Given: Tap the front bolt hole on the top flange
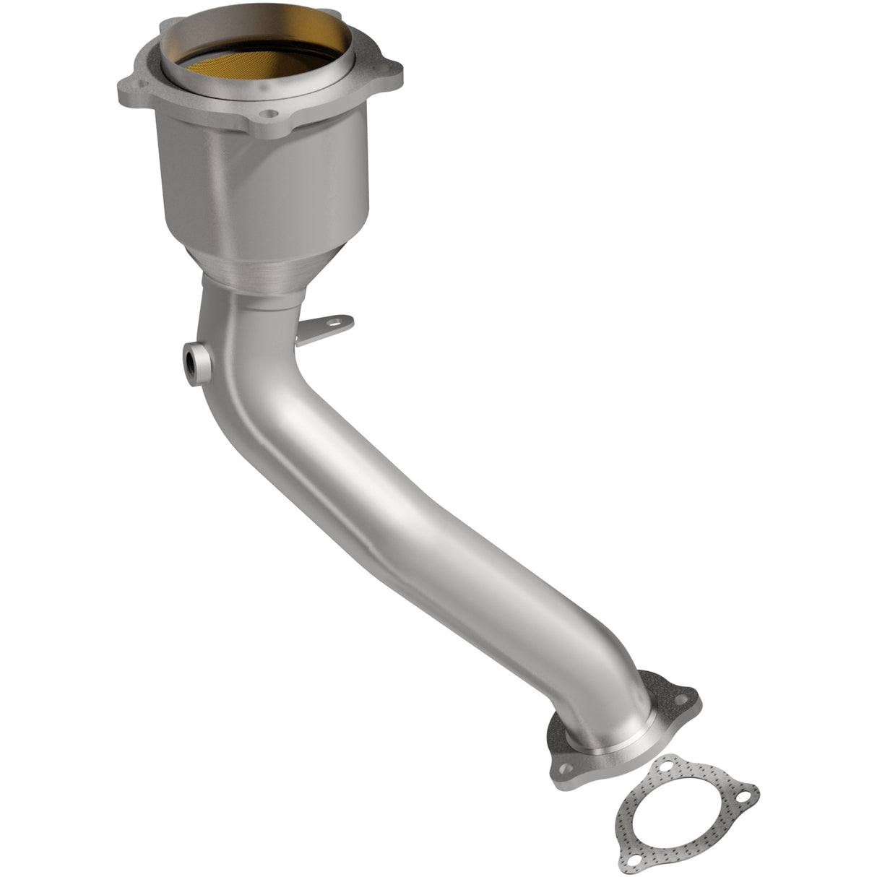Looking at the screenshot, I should pyautogui.click(x=269, y=113).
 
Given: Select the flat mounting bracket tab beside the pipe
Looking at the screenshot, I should pyautogui.click(x=325, y=327).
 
